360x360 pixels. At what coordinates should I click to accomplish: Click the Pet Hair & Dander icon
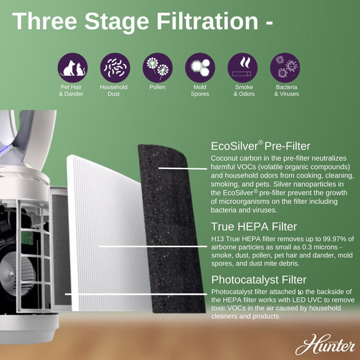pyautogui.click(x=73, y=68)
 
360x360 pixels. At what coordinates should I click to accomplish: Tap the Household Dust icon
pyautogui.click(x=115, y=68)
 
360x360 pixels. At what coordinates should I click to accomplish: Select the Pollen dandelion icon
pyautogui.click(x=157, y=68)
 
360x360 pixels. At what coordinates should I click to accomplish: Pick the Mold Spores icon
pyautogui.click(x=200, y=68)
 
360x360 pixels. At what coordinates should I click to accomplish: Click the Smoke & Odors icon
pyautogui.click(x=242, y=68)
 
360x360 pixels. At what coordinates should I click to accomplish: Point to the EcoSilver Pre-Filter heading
pyautogui.click(x=261, y=146)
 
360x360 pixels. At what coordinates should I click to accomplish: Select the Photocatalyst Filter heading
pyautogui.click(x=259, y=280)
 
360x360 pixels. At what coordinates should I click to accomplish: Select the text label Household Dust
pyautogui.click(x=115, y=91)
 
